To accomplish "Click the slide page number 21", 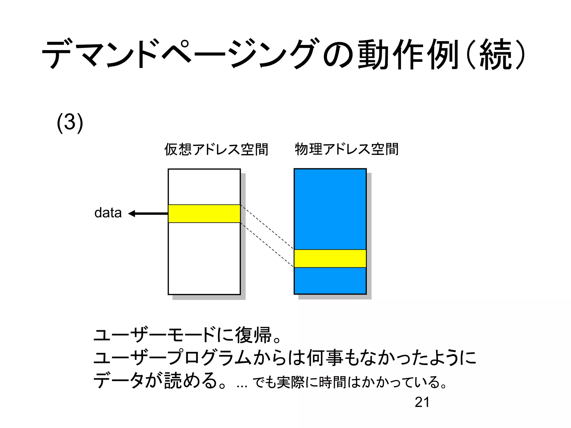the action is coord(422,402).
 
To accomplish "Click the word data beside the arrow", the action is coord(108,213).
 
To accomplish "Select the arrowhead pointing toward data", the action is coord(132,214).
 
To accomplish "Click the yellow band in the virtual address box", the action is coord(204,214).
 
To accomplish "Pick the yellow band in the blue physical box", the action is coord(330,258).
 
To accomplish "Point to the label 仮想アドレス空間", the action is coord(216,149).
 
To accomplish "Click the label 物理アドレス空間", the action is coord(347,149).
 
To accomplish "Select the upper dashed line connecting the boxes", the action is coord(267,227).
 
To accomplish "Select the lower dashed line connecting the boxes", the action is coord(267,245).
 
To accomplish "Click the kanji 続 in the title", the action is coord(495,54).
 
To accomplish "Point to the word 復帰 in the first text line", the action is coord(253,335).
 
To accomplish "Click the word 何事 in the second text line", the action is coord(325,358).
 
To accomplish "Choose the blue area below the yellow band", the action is coord(330,280).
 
